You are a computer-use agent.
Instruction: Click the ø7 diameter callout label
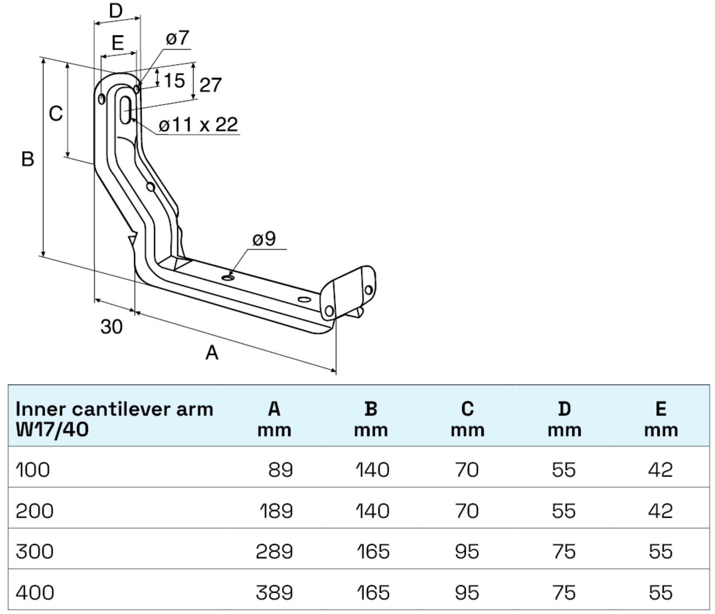click(177, 38)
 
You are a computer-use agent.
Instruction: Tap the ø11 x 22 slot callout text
click(198, 125)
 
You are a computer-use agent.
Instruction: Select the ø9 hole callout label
click(264, 239)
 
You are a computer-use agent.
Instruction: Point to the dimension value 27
click(210, 85)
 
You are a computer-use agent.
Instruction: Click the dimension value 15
click(174, 81)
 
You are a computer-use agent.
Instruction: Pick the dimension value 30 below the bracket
click(111, 327)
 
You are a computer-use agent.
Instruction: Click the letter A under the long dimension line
click(212, 353)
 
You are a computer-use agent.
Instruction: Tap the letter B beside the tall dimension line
click(27, 159)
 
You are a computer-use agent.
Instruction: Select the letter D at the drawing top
click(116, 11)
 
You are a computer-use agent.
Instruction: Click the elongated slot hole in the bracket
click(126, 109)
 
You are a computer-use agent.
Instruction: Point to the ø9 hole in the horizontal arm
click(228, 278)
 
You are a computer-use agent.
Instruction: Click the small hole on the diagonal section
click(151, 187)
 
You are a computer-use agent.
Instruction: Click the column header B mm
click(371, 419)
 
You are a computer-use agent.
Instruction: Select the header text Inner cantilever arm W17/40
click(114, 419)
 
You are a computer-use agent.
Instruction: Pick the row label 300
click(35, 552)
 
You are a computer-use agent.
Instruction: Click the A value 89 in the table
click(280, 470)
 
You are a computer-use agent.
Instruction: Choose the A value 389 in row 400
click(274, 593)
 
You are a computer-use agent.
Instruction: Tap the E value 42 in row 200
click(660, 511)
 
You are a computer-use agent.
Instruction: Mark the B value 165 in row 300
click(373, 552)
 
